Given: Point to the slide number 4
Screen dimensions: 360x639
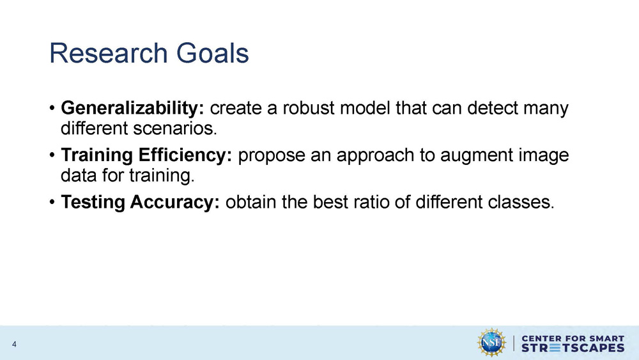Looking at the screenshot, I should pyautogui.click(x=13, y=346).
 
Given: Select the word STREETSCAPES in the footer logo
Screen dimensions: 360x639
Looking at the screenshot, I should pyautogui.click(x=573, y=348).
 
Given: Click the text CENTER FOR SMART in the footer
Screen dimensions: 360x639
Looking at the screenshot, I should pyautogui.click(x=573, y=336).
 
